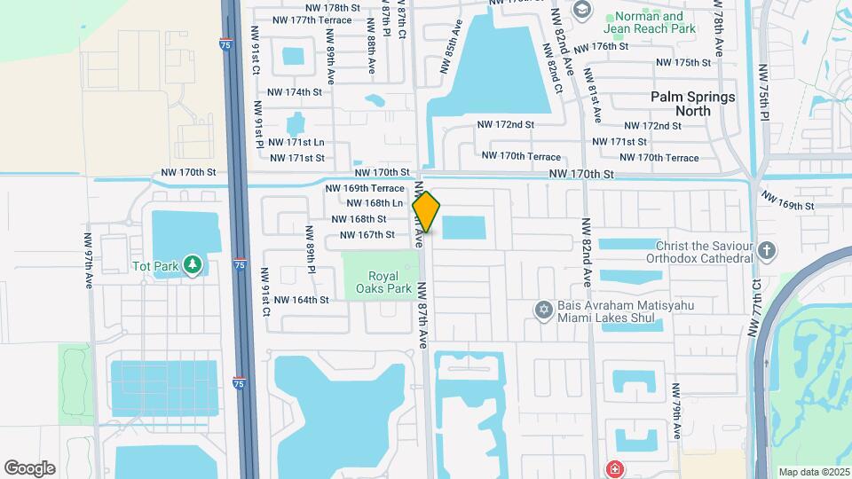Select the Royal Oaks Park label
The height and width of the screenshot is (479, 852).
tap(379, 280)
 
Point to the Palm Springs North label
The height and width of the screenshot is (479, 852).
tap(693, 104)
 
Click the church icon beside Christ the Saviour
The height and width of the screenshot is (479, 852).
tap(768, 251)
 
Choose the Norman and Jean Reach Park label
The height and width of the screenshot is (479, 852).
tap(650, 23)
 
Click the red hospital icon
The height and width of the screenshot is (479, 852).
tap(613, 467)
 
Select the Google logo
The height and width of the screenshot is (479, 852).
tap(29, 468)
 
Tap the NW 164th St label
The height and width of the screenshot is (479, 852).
tap(301, 300)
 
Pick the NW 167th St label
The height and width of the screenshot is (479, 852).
tap(367, 235)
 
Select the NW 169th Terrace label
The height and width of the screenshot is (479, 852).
tap(365, 188)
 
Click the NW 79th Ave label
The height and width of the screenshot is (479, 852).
tap(676, 411)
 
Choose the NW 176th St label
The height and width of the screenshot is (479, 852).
tap(601, 46)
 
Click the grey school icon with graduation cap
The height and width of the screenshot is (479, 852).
tap(582, 11)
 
